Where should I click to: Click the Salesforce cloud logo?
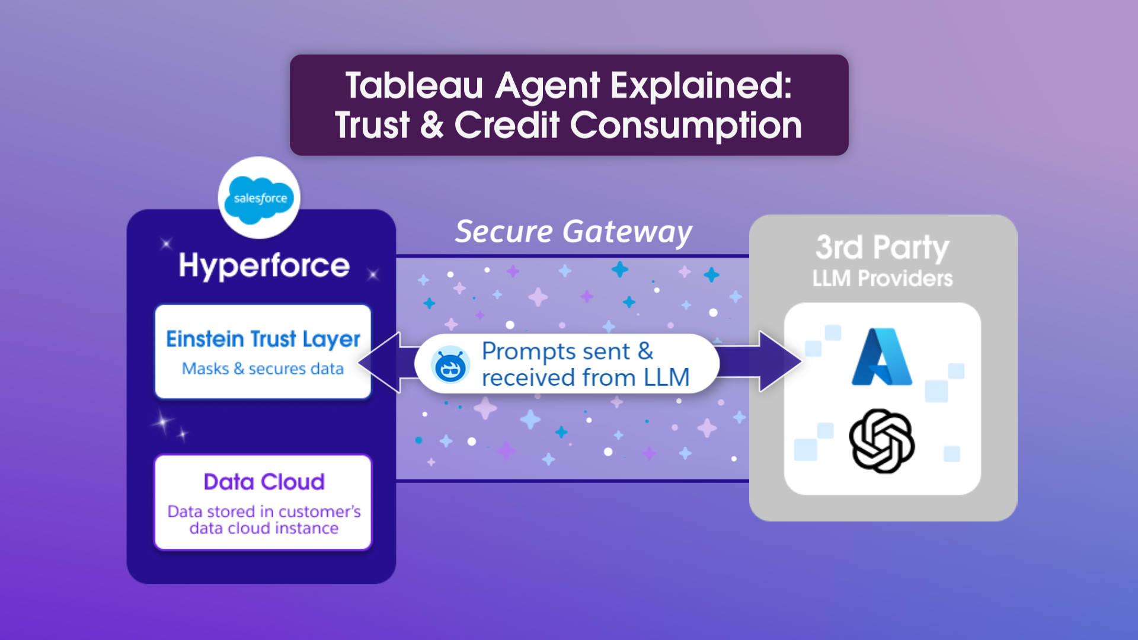(260, 199)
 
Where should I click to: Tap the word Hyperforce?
(264, 265)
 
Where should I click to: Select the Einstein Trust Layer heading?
(263, 339)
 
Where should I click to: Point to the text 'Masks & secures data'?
(263, 369)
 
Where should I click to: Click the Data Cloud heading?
(264, 482)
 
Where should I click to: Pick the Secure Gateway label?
(573, 232)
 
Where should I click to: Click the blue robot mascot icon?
(450, 365)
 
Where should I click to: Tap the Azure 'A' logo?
(881, 357)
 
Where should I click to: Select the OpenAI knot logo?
(881, 441)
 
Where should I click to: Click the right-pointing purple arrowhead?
(780, 361)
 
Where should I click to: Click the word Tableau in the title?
(414, 85)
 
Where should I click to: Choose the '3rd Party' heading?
(882, 247)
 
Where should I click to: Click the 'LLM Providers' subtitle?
(882, 279)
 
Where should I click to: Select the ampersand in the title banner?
(431, 126)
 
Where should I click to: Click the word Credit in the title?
(507, 126)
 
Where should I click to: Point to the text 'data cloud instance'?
(264, 528)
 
